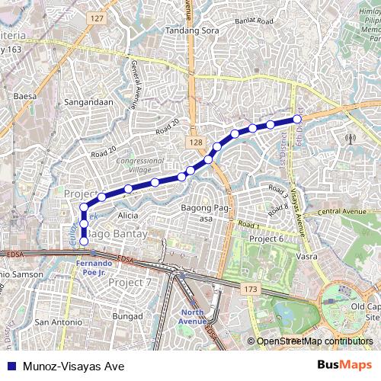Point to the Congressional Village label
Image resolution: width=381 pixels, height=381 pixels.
pos(135,165)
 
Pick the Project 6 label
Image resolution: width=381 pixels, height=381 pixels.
pos(267,239)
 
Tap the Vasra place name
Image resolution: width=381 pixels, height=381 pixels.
pos(306,257)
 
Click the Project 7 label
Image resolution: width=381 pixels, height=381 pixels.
pos(130,282)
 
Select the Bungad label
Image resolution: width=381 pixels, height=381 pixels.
pos(127,315)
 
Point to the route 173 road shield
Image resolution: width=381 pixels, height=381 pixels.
pos(251,290)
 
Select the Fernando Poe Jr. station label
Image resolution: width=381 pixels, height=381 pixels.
pos(94,267)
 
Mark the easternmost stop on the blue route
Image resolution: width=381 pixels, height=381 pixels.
pos(297,119)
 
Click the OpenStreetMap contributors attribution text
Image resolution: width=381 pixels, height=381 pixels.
pos(315,341)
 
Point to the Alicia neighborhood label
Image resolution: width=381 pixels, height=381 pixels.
pos(128,216)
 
